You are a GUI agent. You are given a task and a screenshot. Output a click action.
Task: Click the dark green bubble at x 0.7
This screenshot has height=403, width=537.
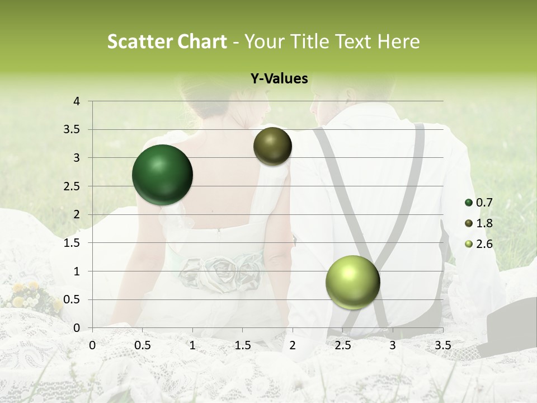162,175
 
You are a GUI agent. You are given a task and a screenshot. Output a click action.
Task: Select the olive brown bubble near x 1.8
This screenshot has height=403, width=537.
272,146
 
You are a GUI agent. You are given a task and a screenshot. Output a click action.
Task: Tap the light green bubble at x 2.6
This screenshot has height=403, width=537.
352,282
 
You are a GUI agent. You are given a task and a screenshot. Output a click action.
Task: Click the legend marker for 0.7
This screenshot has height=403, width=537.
469,203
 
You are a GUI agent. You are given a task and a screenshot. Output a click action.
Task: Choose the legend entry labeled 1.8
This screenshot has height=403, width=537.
484,223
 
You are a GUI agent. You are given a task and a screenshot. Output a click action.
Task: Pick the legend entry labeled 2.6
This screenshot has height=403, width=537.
484,244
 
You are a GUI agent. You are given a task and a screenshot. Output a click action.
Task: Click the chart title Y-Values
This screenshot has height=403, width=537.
279,79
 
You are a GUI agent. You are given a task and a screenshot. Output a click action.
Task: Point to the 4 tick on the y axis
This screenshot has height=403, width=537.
77,101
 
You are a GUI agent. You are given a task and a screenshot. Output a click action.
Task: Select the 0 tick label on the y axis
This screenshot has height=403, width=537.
77,328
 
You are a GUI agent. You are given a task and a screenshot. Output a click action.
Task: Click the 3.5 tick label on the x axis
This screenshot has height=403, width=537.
442,345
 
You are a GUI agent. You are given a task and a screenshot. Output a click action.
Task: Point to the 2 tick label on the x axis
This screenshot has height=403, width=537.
292,345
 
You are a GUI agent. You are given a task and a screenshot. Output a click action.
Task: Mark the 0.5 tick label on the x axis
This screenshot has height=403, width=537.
142,345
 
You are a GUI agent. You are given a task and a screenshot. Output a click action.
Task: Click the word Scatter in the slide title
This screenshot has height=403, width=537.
135,42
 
